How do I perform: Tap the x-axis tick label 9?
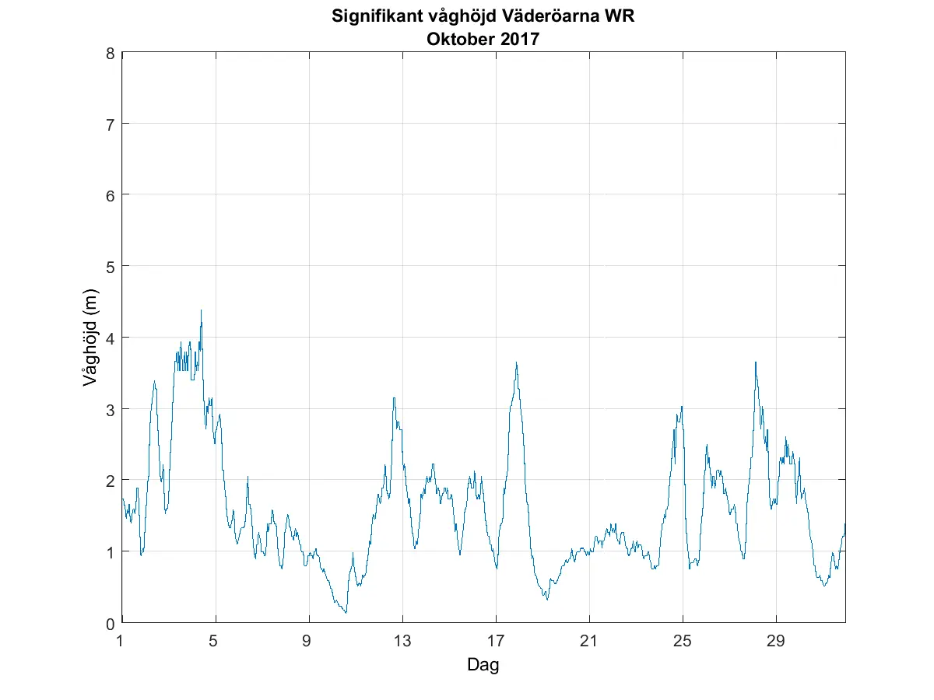(309, 642)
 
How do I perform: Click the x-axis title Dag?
(483, 665)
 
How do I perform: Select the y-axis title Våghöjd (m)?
(91, 338)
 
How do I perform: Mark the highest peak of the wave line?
(201, 310)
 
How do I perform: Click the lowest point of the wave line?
(346, 613)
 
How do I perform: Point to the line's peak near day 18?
(516, 362)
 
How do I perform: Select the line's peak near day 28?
(755, 362)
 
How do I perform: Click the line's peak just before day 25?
(682, 407)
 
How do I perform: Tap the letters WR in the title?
(620, 16)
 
